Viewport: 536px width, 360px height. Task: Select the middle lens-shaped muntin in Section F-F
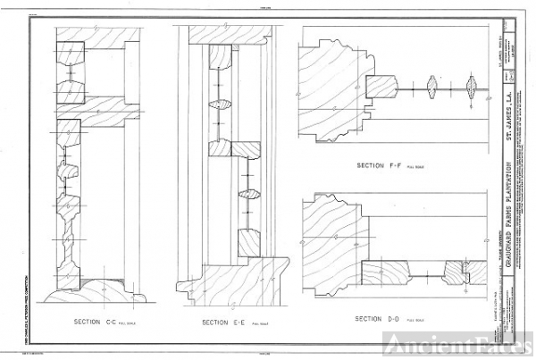coord(434,88)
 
